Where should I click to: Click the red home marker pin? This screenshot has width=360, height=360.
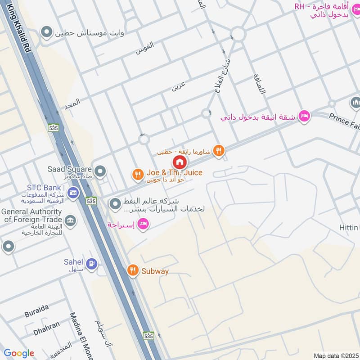point(180,162)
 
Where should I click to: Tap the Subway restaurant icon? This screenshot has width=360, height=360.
point(132,270)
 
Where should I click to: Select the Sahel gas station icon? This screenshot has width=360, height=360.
point(91,263)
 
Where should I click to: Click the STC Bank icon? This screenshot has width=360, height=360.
point(72,193)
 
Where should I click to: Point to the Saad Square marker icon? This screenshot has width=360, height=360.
point(100,171)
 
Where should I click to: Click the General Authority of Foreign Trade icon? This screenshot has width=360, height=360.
point(71,220)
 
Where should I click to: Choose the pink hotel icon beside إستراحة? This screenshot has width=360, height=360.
point(143,224)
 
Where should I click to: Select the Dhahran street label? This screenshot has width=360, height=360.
point(46,325)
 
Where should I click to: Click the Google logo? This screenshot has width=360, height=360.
point(19,353)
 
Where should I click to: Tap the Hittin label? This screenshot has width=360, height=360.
point(350,228)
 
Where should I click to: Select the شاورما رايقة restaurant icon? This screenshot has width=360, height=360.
point(219,151)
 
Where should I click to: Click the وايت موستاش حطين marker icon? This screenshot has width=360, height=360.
point(46,32)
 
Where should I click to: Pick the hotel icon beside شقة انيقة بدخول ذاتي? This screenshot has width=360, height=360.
point(304,116)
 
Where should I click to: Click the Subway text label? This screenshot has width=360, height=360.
point(155,271)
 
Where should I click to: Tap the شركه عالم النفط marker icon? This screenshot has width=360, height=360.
point(114,204)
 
